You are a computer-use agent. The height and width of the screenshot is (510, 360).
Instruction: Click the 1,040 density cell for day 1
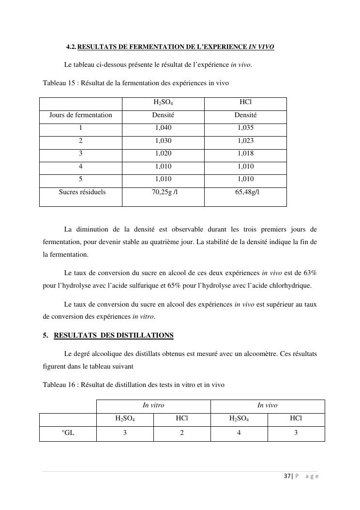(x=163, y=128)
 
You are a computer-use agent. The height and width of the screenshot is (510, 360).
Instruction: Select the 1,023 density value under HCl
(x=245, y=140)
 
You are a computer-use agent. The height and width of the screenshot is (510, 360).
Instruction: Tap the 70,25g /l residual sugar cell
(x=163, y=192)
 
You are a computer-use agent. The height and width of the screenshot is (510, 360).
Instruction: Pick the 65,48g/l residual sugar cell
(x=245, y=192)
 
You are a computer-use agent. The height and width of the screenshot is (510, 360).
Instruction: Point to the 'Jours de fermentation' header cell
(x=80, y=115)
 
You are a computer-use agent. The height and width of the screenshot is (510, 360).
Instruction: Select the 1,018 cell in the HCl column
(x=245, y=154)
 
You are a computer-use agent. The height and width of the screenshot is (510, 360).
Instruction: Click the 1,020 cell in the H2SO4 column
(x=163, y=154)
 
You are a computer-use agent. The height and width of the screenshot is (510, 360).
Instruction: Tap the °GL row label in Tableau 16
(x=68, y=433)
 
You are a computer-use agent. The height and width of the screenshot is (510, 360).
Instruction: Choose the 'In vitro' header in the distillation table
(x=153, y=405)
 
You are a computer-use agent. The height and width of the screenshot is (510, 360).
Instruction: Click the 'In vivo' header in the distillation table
(x=267, y=405)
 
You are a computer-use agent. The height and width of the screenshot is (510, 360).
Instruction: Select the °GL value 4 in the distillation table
(x=239, y=433)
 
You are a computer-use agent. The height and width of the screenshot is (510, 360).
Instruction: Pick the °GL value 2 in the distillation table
(x=182, y=433)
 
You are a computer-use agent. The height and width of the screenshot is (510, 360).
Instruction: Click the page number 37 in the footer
(x=287, y=476)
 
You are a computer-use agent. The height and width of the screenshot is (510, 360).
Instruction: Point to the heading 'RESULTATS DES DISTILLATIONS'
(x=114, y=335)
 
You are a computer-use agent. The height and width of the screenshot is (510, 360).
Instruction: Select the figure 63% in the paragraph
(x=310, y=273)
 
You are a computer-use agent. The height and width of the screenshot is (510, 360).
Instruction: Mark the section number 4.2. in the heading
(x=71, y=47)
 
